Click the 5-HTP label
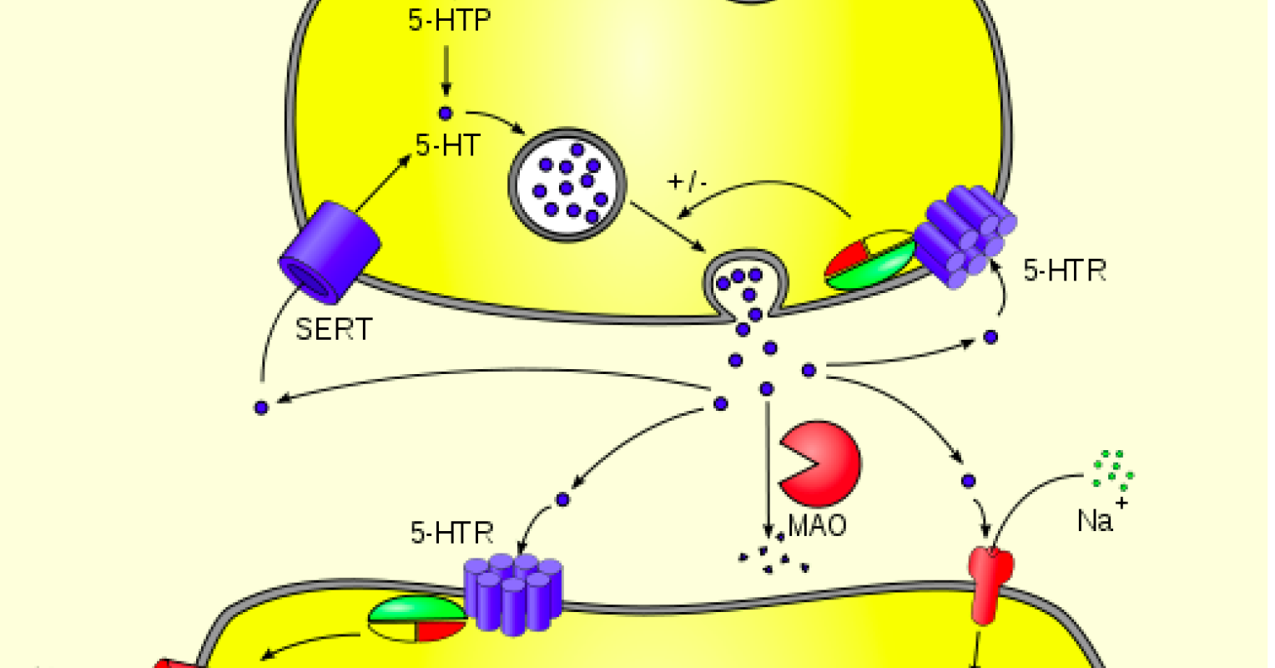449,20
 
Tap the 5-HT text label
448,146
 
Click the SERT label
334,329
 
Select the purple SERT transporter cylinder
329,250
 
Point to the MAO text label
818,525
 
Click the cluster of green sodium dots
1112,470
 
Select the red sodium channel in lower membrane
990,584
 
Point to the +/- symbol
688,181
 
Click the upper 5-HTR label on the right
1064,271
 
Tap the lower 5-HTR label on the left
451,533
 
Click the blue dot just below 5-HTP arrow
446,113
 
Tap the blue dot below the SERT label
261,407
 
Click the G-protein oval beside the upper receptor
869,261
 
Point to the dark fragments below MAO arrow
774,560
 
